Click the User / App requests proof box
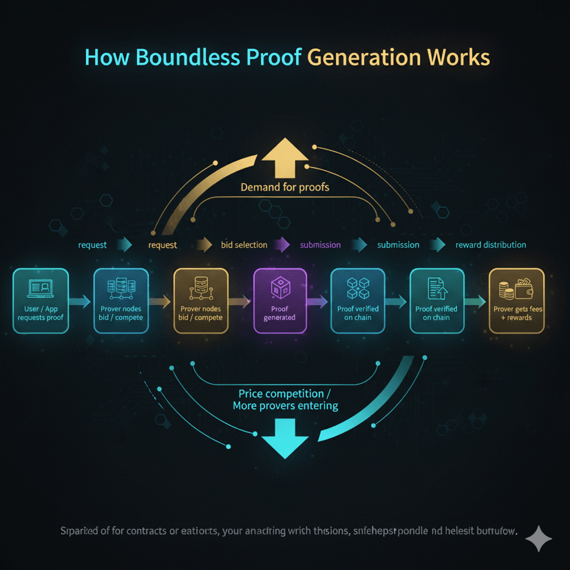coord(41,301)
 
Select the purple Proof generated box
coord(279,301)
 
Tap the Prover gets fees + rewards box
coord(516,301)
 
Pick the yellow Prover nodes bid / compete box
coord(200,301)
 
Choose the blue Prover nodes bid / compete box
coord(120,301)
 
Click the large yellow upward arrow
coord(284,158)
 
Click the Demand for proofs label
coord(284,187)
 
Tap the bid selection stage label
coord(244,245)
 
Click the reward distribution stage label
coord(491,245)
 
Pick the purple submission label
coord(320,245)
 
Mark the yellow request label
coord(162,245)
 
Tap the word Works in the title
coord(457,57)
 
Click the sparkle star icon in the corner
coord(538,539)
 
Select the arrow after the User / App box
coord(81,301)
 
